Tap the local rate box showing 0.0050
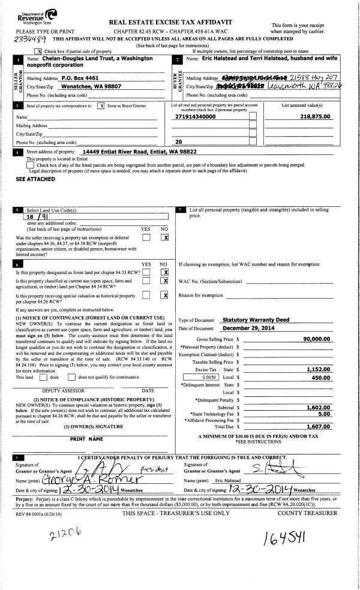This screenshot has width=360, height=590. click(x=200, y=378)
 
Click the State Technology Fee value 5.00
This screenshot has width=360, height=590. click(x=325, y=413)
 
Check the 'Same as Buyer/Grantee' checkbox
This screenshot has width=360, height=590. click(x=101, y=106)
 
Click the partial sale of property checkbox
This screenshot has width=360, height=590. click(x=40, y=52)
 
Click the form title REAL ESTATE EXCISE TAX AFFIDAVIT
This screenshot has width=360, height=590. click(x=171, y=22)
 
